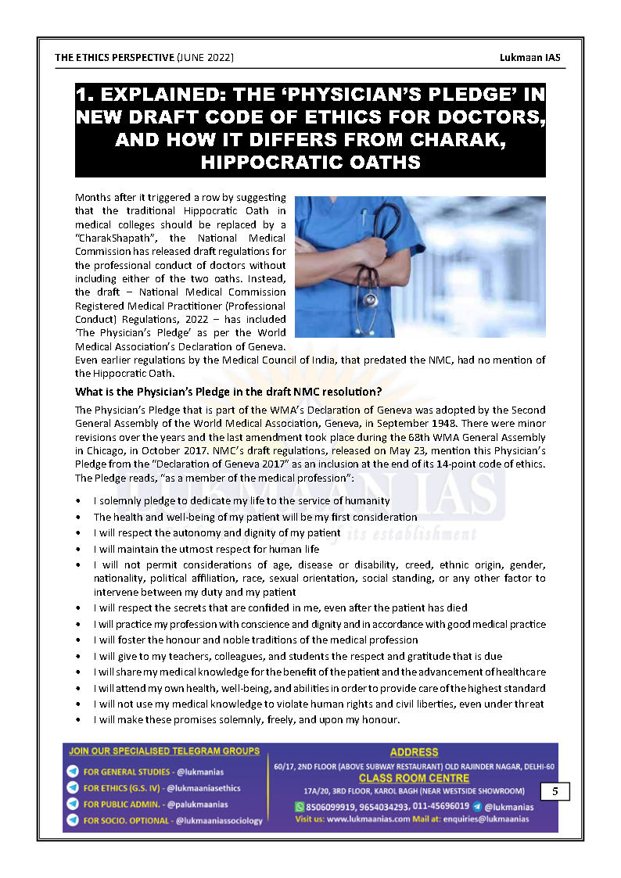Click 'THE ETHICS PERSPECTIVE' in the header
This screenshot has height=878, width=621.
pos(114,58)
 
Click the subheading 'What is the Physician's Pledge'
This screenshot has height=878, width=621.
pos(228,391)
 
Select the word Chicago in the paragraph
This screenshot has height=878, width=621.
pos(105,451)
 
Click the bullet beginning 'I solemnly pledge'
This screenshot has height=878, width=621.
pos(241,500)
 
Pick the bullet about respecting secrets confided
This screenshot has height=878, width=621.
pos(280,607)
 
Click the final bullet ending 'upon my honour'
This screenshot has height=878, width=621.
pos(246,719)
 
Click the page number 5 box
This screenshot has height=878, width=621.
pos(555,791)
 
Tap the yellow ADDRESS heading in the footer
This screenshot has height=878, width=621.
pos(414,752)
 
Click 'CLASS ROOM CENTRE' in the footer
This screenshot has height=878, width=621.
pos(414,778)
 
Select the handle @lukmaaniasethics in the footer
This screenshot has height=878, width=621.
pos(203,788)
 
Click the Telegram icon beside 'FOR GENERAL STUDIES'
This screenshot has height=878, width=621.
pos(73,772)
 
